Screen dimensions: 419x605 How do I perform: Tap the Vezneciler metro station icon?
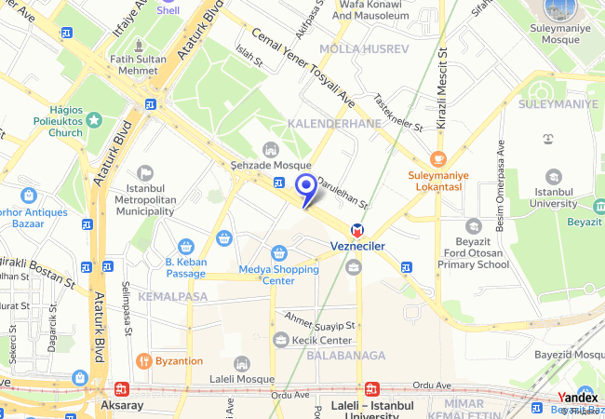click(356, 230)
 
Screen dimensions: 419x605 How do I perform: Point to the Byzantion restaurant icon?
click(144, 360)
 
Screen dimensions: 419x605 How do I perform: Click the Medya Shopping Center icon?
click(278, 253)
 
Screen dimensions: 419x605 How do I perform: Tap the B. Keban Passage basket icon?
click(185, 247)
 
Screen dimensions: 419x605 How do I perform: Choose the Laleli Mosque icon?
click(242, 364)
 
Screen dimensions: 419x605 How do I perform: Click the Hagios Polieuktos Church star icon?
click(93, 120)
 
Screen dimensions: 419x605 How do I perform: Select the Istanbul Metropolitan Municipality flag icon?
click(145, 172)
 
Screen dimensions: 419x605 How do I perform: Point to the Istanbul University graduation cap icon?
click(554, 176)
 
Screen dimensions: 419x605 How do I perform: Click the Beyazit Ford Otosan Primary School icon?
click(474, 226)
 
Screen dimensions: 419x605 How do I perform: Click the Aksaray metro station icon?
click(122, 390)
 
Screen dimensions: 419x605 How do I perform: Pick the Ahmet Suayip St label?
click(321, 322)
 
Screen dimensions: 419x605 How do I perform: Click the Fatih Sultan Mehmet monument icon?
click(139, 44)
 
